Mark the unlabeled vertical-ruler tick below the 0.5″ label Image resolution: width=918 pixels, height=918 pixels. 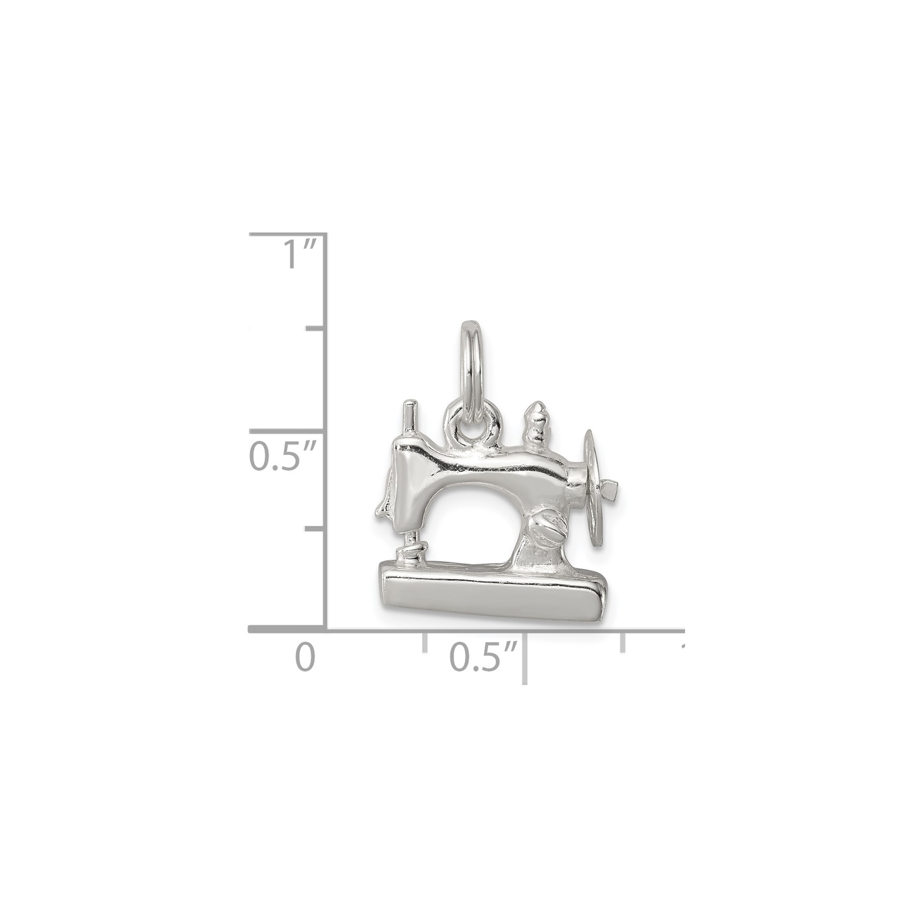tap(316, 529)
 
